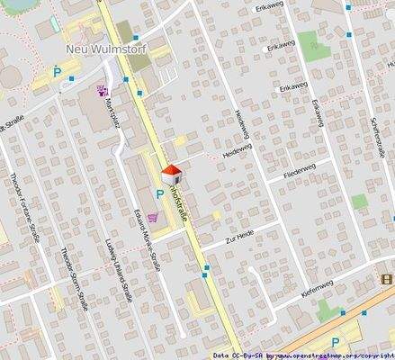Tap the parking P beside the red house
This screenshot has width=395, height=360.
pos(161,193)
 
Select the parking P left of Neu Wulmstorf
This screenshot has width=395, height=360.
pos(56,72)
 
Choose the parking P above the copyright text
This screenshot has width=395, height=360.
pos(336,342)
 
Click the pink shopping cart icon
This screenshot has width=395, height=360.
pos(156,217)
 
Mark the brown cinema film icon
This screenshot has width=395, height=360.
pos(386,280)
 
